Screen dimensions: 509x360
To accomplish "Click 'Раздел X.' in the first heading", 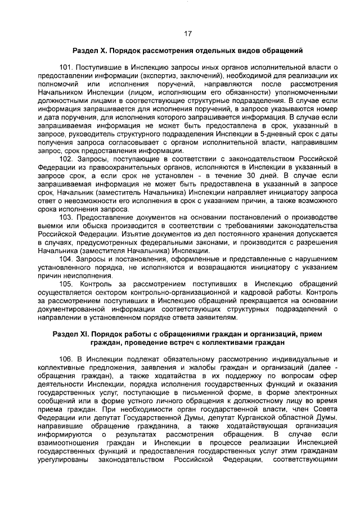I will (x=89, y=51).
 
